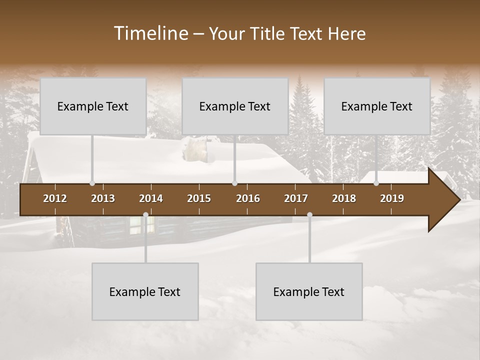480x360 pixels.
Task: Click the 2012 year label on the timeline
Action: coord(55,198)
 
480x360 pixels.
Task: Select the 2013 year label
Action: coord(103,198)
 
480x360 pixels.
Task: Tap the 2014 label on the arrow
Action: coord(151,198)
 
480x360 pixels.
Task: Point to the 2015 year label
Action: coord(199,198)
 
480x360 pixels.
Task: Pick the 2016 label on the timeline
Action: coord(248,198)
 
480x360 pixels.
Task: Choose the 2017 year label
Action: coord(296,198)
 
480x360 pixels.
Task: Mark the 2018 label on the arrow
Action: coord(344,198)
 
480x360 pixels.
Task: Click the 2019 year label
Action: coord(392,198)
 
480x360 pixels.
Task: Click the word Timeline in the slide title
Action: coord(150,33)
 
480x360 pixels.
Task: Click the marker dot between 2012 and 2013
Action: coord(92,183)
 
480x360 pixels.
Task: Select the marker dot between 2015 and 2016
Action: coord(234,183)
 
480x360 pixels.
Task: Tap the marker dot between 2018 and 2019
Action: coord(376,183)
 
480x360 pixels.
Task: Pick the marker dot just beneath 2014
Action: coord(145,214)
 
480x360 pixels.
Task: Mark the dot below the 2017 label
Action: coord(309,214)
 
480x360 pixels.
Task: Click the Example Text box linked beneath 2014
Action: coord(145,291)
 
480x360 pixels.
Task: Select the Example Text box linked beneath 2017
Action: coord(309,291)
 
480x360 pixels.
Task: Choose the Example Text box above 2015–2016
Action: coord(235,106)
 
